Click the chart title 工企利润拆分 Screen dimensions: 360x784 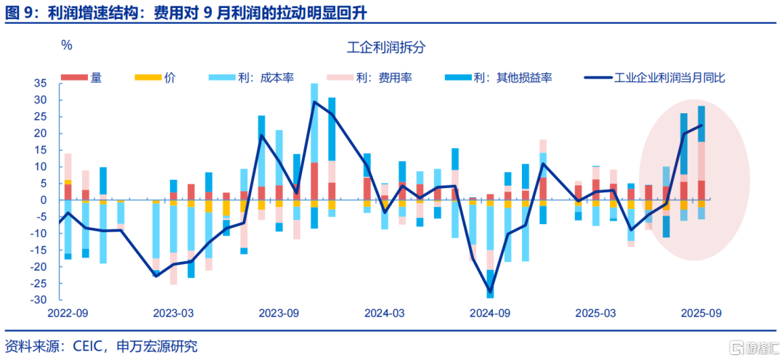tap(385, 49)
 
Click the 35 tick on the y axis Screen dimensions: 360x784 tap(41, 83)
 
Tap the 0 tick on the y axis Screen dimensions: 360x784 tap(44, 200)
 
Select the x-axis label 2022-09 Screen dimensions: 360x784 tap(68, 313)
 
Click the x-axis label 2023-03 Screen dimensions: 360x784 tap(173, 313)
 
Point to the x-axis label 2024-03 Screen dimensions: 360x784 tap(385, 313)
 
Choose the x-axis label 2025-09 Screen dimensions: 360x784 tap(701, 313)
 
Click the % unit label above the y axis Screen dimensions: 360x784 tap(67, 45)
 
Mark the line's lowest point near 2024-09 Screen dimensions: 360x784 tap(491, 291)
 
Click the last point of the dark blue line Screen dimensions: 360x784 tap(701, 126)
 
